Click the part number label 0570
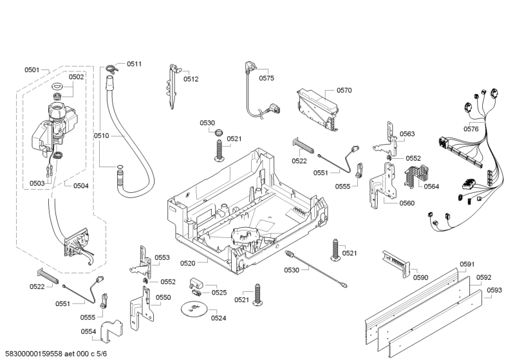tap(344, 91)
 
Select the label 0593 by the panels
tap(494, 290)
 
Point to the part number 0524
tap(219, 318)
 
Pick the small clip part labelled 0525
tap(197, 284)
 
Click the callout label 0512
tap(191, 79)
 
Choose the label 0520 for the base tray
tap(187, 263)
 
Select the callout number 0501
tap(32, 69)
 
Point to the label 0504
tap(81, 186)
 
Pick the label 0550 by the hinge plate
tap(164, 297)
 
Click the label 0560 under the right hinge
tap(407, 203)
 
